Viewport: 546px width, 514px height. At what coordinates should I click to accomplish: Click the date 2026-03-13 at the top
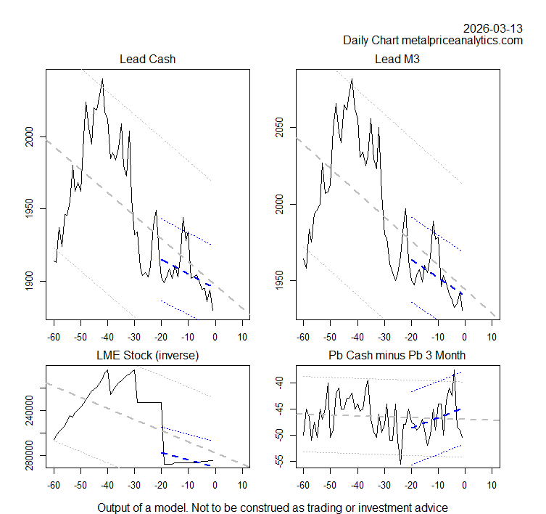coord(493,28)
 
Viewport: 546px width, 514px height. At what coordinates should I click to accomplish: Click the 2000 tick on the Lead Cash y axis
coord(29,136)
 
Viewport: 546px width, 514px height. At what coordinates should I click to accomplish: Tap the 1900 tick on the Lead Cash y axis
coord(29,281)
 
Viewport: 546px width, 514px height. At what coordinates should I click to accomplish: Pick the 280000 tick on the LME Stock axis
coord(29,455)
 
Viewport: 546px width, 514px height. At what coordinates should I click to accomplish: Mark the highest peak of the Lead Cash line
coord(102,79)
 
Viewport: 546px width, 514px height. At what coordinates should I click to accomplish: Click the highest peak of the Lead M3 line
coord(352,79)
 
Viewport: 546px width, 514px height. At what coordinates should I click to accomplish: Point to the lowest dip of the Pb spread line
coord(400,463)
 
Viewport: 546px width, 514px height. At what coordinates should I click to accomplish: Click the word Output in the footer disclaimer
coord(115,507)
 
